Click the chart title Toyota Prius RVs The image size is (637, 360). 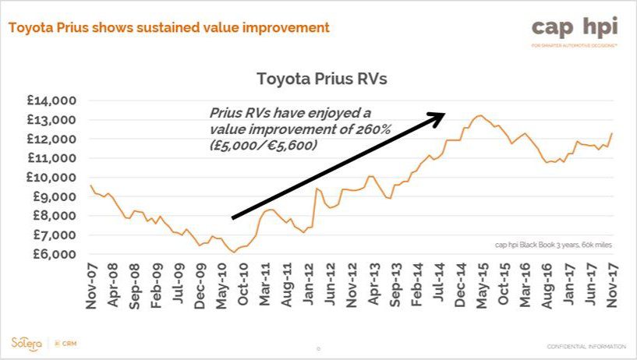[x=321, y=79]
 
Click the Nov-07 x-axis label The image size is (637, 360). [x=91, y=287]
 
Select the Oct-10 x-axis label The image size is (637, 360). [x=243, y=287]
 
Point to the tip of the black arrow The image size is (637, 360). [x=445, y=114]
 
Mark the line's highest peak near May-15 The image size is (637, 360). [x=480, y=116]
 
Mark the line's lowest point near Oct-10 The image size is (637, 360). [x=234, y=252]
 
